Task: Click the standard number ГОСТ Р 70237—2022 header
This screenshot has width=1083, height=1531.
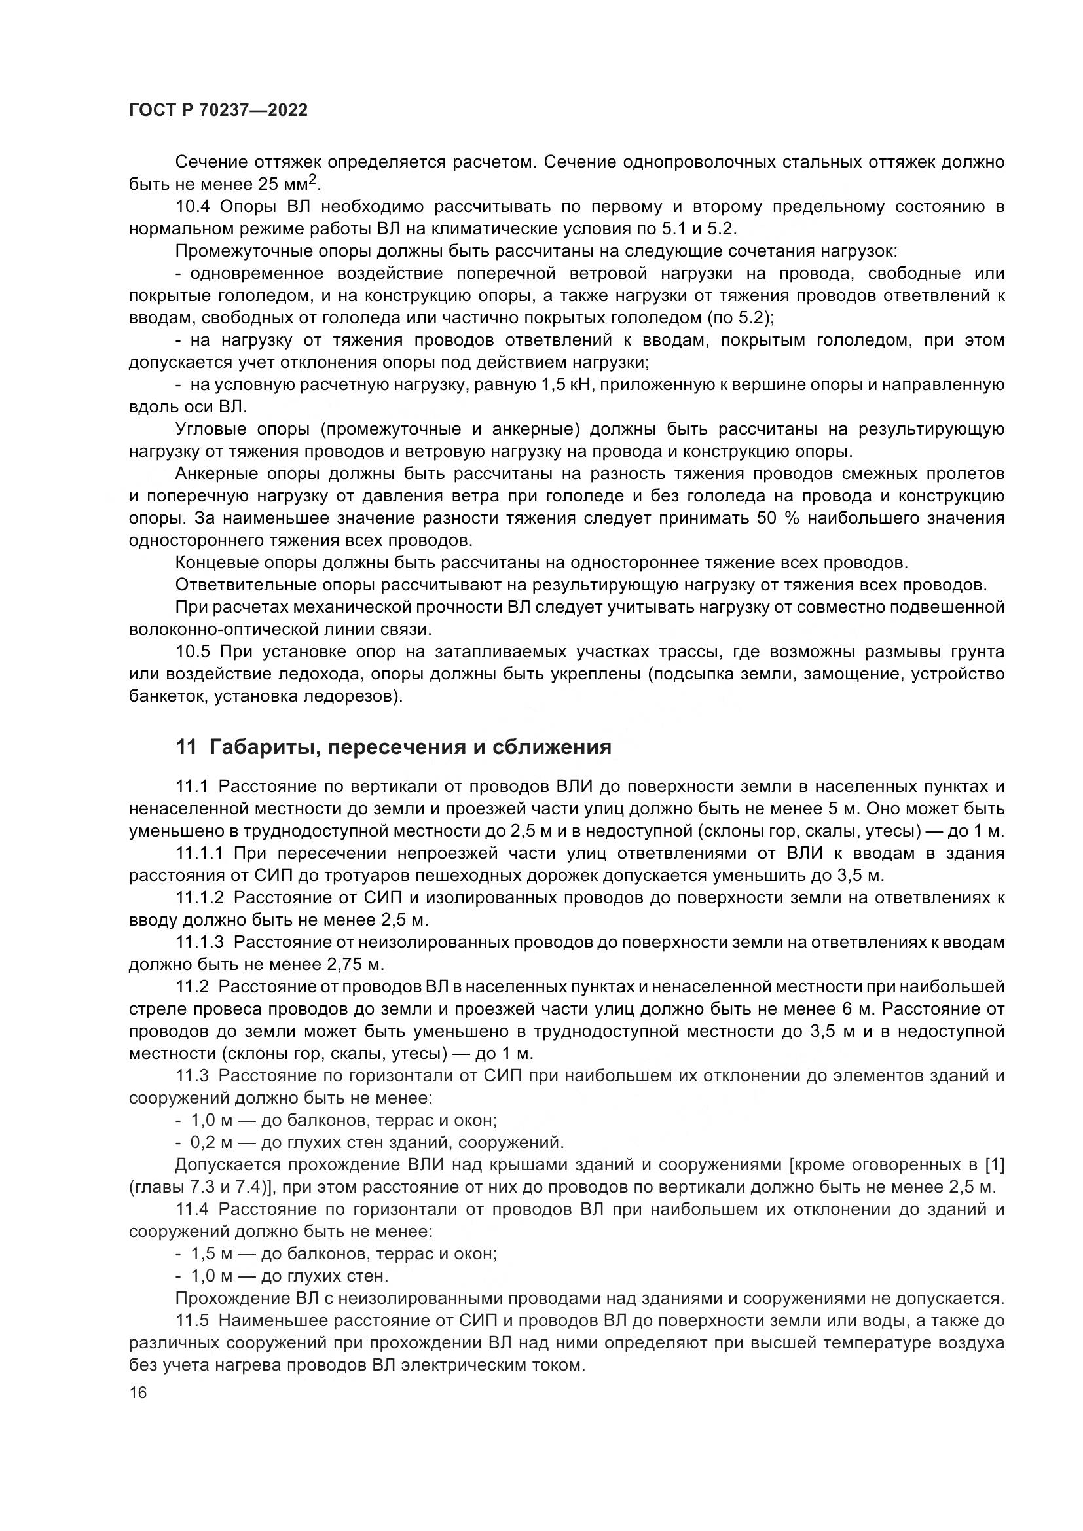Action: tap(218, 111)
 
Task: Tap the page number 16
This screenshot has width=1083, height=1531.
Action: tap(138, 1393)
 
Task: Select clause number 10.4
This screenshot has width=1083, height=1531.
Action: tap(193, 207)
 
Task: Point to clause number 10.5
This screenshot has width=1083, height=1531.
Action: tap(193, 651)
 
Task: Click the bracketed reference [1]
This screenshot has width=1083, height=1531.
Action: tap(995, 1165)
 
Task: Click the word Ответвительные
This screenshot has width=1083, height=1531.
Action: tap(244, 585)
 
